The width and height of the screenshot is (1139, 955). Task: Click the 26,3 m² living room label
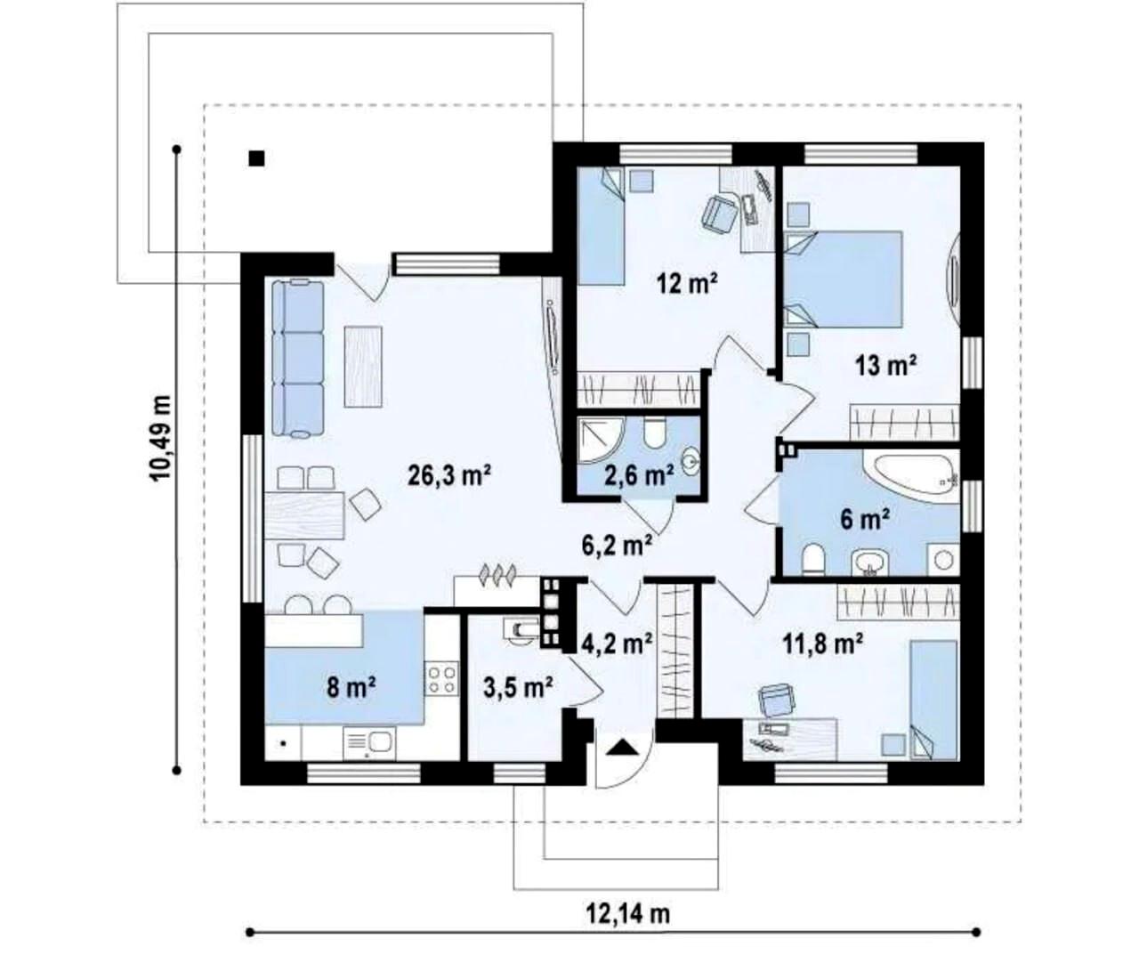click(449, 475)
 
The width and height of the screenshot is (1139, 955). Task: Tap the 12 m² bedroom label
click(687, 283)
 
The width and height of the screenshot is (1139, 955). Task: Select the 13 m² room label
click(885, 365)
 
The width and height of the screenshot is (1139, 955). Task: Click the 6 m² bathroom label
click(865, 519)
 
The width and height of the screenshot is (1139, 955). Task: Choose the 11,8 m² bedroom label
click(822, 643)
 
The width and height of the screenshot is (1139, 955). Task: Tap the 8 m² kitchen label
click(351, 688)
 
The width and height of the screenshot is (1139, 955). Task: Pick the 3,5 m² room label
click(518, 688)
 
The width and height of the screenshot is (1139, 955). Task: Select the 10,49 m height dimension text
click(160, 438)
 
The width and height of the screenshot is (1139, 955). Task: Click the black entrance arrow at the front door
click(623, 747)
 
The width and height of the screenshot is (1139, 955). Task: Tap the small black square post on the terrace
click(257, 158)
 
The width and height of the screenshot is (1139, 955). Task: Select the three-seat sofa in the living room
click(298, 359)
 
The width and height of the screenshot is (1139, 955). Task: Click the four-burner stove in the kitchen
click(441, 678)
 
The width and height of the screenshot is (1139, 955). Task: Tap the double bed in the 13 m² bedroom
click(844, 279)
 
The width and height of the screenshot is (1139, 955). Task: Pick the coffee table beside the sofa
click(363, 367)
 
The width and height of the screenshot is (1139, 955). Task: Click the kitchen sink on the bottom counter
click(369, 742)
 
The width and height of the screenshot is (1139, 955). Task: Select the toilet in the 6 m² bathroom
click(813, 559)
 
